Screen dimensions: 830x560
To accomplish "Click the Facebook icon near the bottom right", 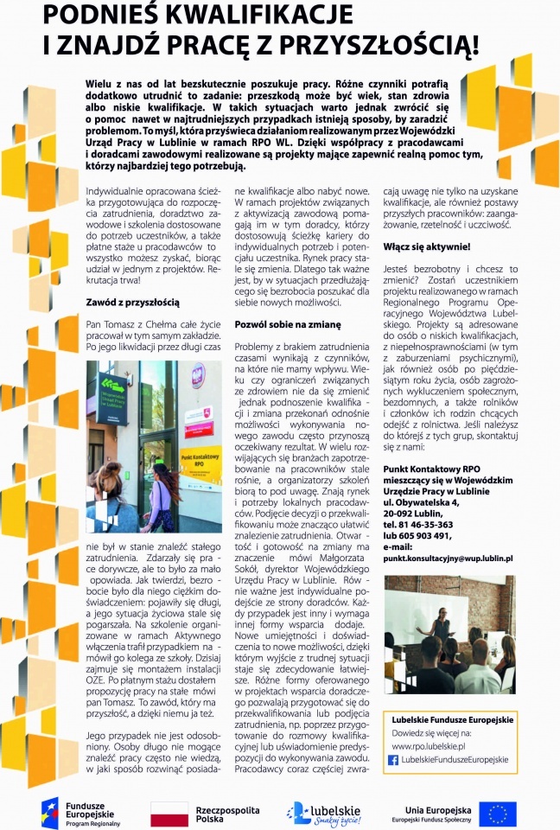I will (x=393, y=759).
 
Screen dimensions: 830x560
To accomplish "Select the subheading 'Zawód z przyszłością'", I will (x=132, y=302).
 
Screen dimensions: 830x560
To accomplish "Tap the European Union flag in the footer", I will (x=498, y=813).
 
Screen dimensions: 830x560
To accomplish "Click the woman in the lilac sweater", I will (x=162, y=501).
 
